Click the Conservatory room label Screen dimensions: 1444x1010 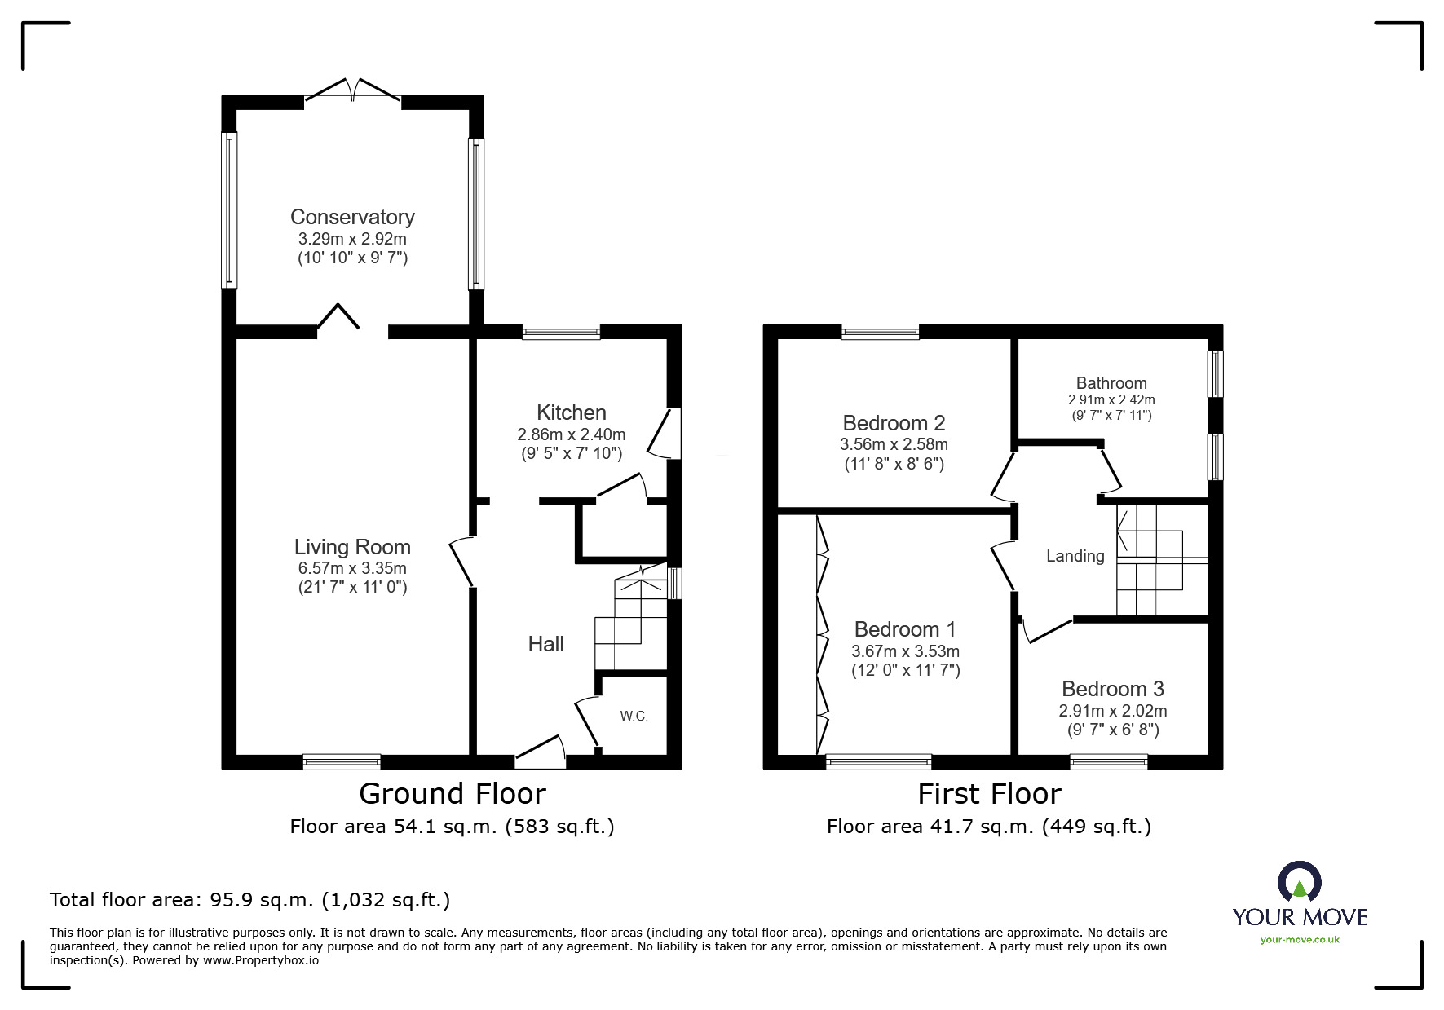352,217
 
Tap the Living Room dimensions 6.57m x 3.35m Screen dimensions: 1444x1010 352,568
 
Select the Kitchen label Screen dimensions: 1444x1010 572,412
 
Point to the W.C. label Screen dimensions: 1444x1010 634,717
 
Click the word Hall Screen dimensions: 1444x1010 546,644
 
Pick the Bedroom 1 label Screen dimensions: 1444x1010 905,629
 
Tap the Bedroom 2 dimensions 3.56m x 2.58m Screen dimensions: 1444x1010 894,445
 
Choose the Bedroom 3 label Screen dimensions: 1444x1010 1113,689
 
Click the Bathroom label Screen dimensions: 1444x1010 1111,383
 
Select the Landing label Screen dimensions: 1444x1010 1075,557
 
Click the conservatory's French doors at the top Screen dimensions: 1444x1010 352,90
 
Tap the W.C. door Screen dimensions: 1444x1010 589,722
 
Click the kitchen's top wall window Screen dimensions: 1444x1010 561,332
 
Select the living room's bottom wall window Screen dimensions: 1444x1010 342,762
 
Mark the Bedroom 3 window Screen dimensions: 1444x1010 1109,762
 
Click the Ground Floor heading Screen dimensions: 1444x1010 453,794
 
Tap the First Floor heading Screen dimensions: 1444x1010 989,794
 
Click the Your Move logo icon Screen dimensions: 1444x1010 1300,881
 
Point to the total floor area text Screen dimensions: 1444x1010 250,900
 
